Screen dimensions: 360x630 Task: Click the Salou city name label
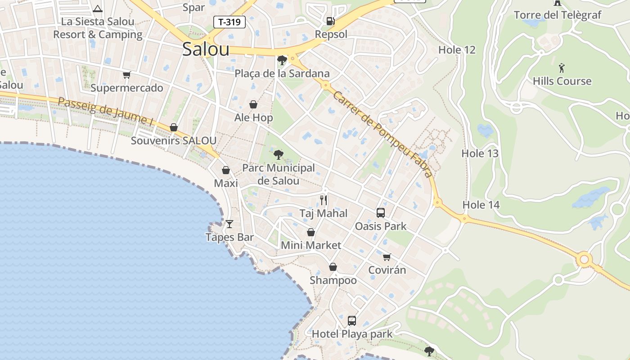click(x=206, y=49)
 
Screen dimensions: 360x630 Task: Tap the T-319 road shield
click(x=229, y=22)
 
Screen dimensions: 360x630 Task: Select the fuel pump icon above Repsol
click(x=330, y=21)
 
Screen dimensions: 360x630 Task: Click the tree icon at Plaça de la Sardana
click(x=282, y=60)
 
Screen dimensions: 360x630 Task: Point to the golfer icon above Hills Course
click(x=561, y=68)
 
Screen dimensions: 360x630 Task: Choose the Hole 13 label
click(x=480, y=153)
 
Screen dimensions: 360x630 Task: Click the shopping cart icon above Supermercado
click(x=126, y=75)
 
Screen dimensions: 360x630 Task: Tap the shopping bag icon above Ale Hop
click(x=253, y=104)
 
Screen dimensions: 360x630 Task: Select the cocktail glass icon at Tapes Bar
click(x=229, y=224)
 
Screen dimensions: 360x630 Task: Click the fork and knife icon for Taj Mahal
click(x=324, y=200)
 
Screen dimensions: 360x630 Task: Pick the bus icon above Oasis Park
click(x=381, y=213)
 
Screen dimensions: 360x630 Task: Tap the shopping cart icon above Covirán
click(x=387, y=257)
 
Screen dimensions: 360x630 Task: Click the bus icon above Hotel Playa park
click(x=352, y=320)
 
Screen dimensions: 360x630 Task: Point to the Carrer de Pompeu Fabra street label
click(x=383, y=134)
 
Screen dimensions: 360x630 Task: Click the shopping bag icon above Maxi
click(x=226, y=170)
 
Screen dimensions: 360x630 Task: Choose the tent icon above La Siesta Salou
click(x=98, y=8)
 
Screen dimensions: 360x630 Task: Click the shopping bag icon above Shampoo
click(x=333, y=267)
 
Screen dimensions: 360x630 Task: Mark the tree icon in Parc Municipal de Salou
click(x=279, y=155)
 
